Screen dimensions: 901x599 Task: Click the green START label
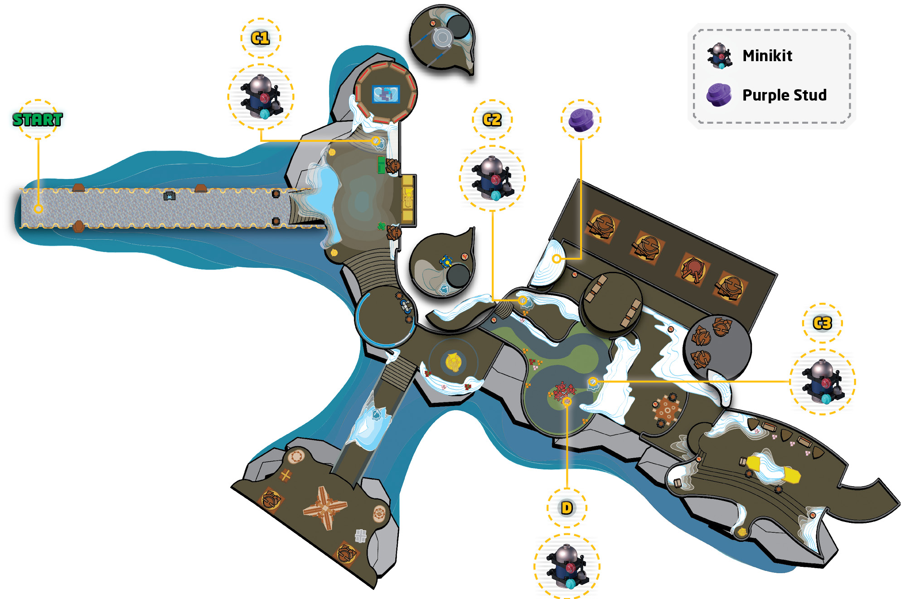pos(38,120)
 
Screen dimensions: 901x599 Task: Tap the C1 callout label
pos(261,38)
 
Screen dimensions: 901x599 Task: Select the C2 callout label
pos(492,120)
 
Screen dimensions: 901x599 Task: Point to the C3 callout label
pos(823,323)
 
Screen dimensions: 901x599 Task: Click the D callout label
pos(567,508)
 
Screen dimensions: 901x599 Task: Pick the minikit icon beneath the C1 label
pos(261,97)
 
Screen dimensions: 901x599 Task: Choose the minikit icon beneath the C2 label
pos(492,178)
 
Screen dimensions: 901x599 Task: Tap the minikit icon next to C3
pos(823,382)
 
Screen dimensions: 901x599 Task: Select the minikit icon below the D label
pos(567,566)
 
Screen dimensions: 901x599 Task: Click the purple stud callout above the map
pos(581,120)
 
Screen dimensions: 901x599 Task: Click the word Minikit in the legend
pos(767,56)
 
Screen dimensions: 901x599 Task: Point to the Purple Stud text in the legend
pos(785,95)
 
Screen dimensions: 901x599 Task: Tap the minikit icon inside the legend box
pos(720,56)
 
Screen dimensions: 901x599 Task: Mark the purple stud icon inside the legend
pos(719,95)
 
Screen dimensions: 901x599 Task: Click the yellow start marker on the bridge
pos(39,209)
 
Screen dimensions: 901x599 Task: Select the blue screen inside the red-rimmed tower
pos(386,94)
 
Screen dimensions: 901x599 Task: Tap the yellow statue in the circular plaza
pos(453,362)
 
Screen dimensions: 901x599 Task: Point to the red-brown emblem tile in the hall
pos(693,268)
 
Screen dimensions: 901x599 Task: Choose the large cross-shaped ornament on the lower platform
pos(325,507)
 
